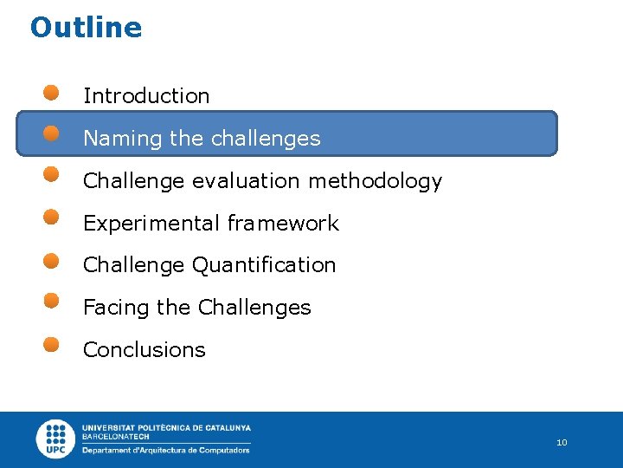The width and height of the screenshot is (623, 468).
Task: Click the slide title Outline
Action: click(x=86, y=28)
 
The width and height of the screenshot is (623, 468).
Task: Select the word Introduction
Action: click(x=146, y=96)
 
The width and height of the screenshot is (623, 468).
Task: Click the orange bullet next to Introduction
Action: click(x=52, y=92)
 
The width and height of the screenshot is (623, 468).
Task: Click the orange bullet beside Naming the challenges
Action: click(x=52, y=133)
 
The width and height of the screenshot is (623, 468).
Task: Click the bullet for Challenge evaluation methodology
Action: click(x=52, y=175)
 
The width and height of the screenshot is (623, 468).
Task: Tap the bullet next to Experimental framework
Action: click(x=52, y=217)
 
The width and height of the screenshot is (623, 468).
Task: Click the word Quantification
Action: click(x=264, y=265)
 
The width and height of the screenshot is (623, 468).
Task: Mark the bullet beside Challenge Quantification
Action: click(x=52, y=259)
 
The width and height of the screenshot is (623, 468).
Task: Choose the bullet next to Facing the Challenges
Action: click(x=52, y=301)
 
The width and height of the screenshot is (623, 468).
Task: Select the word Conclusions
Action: click(x=144, y=350)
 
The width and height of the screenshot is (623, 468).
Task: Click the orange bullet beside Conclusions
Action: click(x=52, y=343)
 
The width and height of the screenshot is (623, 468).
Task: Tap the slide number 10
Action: click(x=562, y=443)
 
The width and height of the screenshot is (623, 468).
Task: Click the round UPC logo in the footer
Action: click(x=56, y=439)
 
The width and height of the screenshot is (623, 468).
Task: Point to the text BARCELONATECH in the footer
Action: click(x=116, y=437)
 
